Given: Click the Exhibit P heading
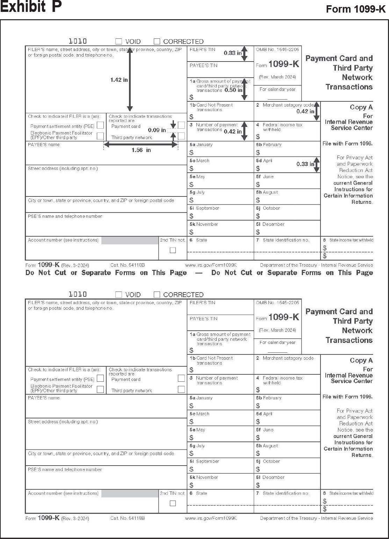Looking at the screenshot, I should [x=31, y=7].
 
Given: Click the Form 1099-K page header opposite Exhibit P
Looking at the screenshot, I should [x=355, y=9].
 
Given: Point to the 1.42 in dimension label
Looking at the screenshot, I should [x=119, y=80].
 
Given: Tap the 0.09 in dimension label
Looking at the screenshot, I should [x=157, y=130].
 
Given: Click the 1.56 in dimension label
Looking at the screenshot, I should [x=141, y=150].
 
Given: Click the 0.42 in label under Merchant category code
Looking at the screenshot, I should [x=305, y=112].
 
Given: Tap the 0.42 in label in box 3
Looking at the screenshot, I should [x=232, y=131].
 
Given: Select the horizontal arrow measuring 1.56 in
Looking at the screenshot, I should [x=141, y=144].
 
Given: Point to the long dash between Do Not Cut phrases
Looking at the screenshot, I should [x=199, y=273].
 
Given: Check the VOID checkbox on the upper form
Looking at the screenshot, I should [x=119, y=42].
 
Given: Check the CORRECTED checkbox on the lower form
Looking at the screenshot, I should [x=157, y=295].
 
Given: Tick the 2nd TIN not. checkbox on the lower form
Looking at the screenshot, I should [x=173, y=503].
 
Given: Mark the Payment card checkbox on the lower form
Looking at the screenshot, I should [x=181, y=378].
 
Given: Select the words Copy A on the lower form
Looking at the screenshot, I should [x=361, y=360].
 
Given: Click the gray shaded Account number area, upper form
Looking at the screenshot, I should [x=130, y=240].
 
